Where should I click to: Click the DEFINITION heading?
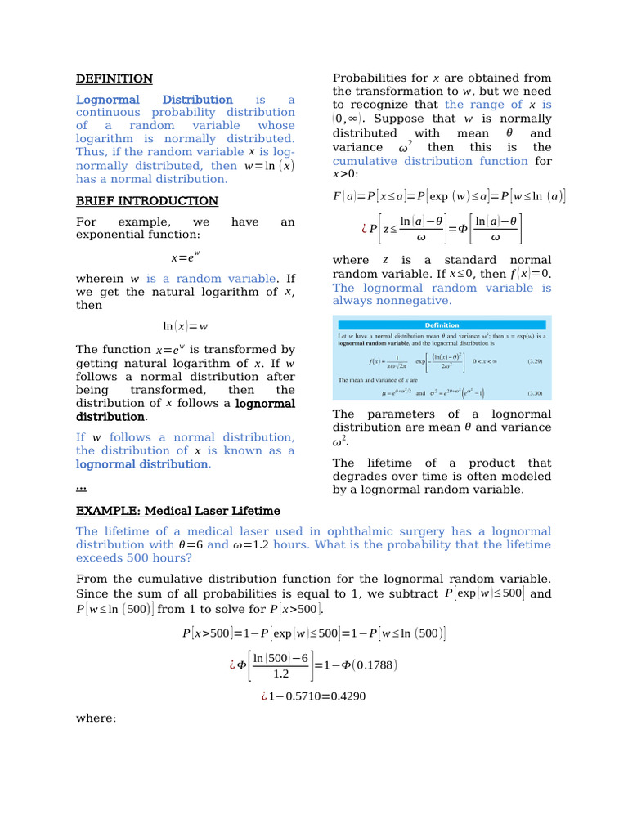pos(114,78)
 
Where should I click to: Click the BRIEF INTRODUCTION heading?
pos(146,200)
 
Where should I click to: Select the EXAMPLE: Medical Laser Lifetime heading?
pos(177,511)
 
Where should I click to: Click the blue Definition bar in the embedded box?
pos(442,325)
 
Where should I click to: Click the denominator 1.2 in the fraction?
pos(280,674)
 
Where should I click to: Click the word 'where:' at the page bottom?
pos(96,718)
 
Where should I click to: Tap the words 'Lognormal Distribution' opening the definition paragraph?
pos(154,100)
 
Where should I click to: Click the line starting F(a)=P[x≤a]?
pos(449,196)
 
